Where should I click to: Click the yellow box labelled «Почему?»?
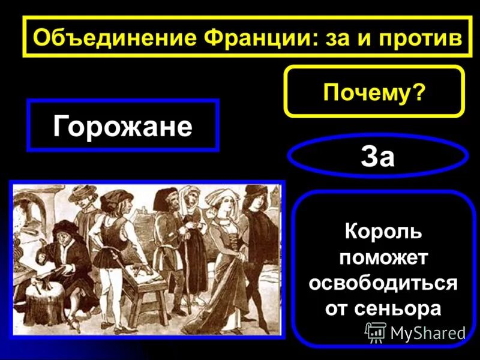[374, 91]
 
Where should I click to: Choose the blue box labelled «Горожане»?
[122, 125]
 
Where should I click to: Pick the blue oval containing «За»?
[377, 157]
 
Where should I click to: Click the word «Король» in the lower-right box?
[383, 231]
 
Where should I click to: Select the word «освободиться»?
[383, 283]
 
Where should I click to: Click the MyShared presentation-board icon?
[376, 332]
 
